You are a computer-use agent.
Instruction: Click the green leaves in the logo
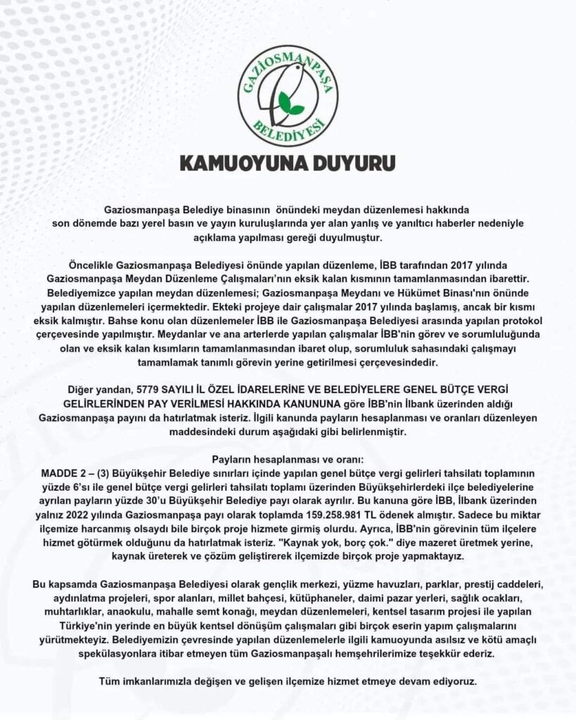pyautogui.click(x=290, y=104)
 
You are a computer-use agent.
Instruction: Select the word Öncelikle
pyautogui.click(x=93, y=266)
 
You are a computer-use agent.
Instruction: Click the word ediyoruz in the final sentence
pyautogui.click(x=453, y=681)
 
